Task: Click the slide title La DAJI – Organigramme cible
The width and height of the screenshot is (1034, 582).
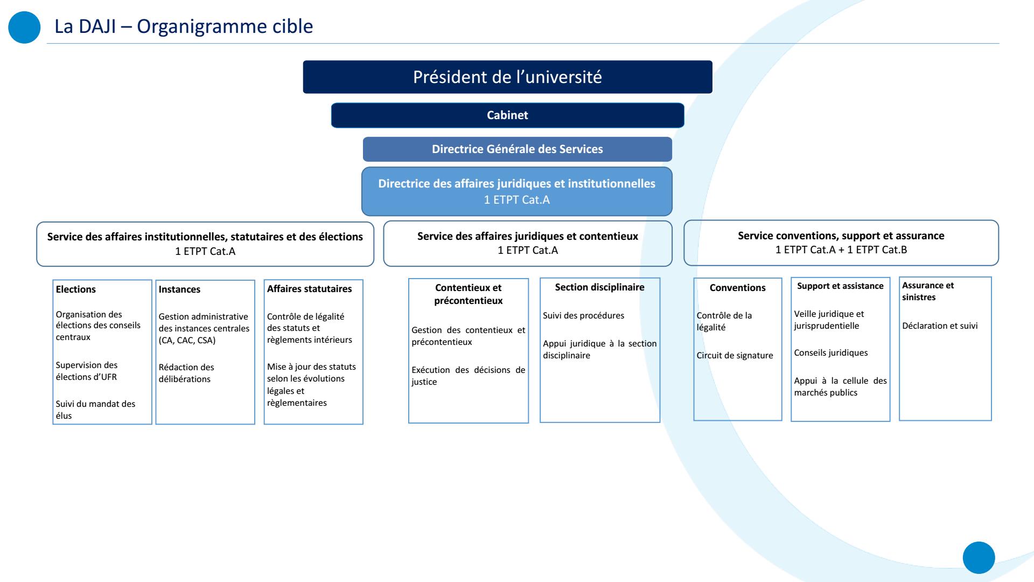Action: pos(184,26)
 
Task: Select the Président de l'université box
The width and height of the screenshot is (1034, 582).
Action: pos(507,77)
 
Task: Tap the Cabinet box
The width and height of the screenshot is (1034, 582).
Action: pos(507,115)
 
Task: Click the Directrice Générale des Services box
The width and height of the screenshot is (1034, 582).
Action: pos(517,149)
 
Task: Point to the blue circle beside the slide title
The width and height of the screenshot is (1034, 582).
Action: pos(25,27)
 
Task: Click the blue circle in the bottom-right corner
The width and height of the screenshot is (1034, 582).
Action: pos(979,558)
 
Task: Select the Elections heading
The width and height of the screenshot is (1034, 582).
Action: pos(76,289)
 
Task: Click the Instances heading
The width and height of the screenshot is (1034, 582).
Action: pos(179,289)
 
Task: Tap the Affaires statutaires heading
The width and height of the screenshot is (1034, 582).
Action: pos(309,289)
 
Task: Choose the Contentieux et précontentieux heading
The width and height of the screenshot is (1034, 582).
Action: pos(468,294)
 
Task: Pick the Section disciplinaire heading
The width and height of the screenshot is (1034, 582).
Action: pos(599,287)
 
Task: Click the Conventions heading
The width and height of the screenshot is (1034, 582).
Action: pos(737,288)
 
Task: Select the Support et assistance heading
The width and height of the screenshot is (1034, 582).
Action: pos(840,286)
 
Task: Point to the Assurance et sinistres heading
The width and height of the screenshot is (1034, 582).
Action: pos(928,292)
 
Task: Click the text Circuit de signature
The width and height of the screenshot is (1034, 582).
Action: pos(735,356)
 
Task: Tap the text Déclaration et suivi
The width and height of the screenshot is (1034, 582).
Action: pos(940,326)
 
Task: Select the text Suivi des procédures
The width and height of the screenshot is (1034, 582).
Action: pos(583,316)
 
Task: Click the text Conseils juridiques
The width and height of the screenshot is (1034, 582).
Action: pos(830,353)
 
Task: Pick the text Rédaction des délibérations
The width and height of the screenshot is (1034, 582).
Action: pos(186,373)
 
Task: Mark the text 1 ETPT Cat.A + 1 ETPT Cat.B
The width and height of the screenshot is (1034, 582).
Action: pos(841,250)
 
